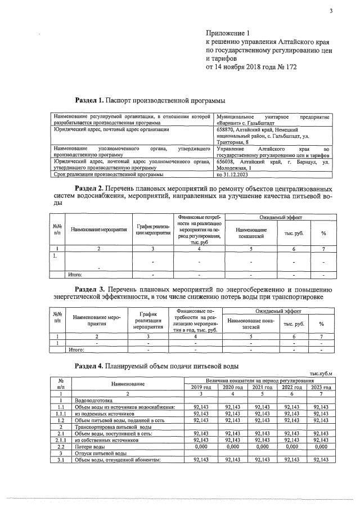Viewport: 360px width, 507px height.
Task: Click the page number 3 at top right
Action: (x=331, y=11)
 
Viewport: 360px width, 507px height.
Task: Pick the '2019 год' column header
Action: (x=201, y=387)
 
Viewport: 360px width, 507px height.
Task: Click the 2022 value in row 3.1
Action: (x=292, y=461)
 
